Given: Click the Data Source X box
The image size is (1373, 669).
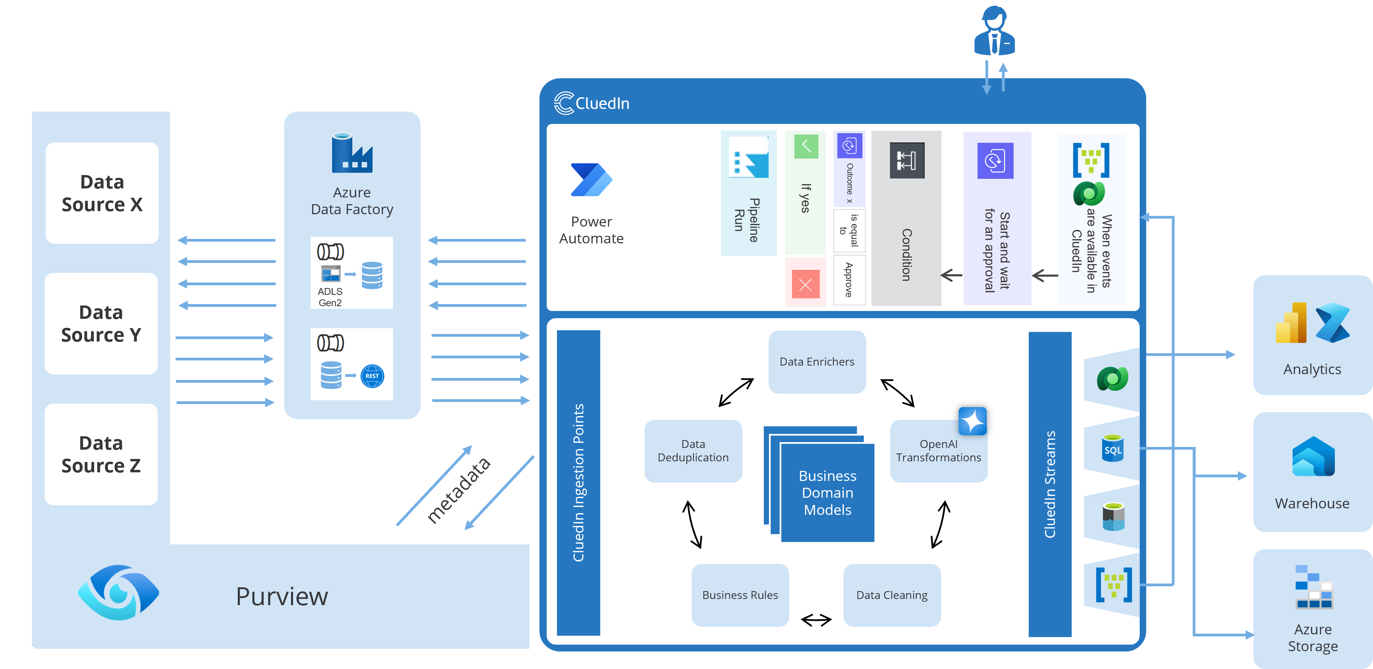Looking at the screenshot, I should [102, 193].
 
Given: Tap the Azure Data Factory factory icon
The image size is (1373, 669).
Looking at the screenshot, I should [352, 153].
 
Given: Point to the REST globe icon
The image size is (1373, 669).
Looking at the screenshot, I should [372, 376].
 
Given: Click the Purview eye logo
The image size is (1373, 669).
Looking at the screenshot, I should [118, 592].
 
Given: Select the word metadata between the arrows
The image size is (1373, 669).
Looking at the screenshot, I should [458, 490].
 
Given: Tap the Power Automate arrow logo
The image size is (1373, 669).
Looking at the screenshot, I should [591, 180].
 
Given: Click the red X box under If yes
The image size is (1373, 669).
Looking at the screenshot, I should [805, 284].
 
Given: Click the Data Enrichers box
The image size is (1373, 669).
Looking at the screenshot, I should [817, 362].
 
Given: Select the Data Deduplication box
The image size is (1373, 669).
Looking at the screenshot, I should [693, 451].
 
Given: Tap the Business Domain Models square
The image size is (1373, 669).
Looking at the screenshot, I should [827, 493].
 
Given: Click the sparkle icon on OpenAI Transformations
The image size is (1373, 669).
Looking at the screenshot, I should [972, 421].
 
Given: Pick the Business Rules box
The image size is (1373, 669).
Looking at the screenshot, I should [740, 595].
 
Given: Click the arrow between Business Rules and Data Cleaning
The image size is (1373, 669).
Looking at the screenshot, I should [816, 620].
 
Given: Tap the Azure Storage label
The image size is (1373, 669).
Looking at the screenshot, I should [1313, 637].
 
